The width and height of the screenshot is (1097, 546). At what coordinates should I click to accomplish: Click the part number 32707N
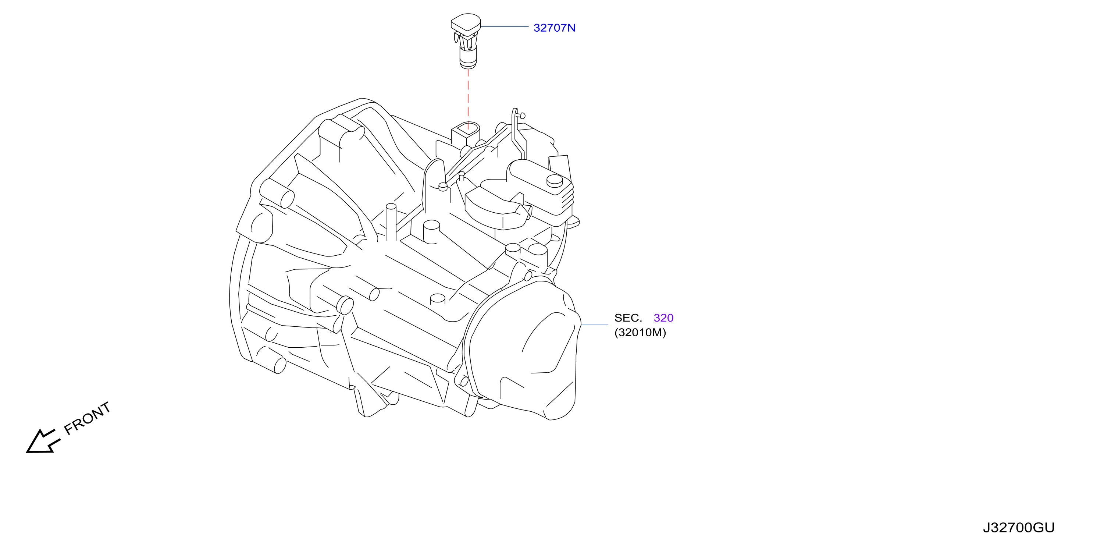click(554, 28)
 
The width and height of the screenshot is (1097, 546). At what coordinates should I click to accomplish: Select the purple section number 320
click(663, 318)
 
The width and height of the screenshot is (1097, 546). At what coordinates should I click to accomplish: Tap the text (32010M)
click(640, 332)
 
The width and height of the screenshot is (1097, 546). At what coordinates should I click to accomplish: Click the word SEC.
click(628, 318)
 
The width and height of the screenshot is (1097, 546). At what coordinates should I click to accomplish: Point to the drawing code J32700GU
click(1019, 528)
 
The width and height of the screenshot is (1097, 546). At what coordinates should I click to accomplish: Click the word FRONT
click(87, 418)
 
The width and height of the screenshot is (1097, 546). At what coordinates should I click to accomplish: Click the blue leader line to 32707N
click(505, 26)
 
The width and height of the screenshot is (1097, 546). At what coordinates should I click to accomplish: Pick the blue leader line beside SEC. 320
click(595, 325)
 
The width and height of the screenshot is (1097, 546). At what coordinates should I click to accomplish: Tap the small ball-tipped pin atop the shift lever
click(522, 115)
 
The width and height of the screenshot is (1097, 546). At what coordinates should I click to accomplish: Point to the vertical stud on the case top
click(391, 223)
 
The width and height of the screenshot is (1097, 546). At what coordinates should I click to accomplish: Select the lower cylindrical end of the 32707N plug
click(468, 58)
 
